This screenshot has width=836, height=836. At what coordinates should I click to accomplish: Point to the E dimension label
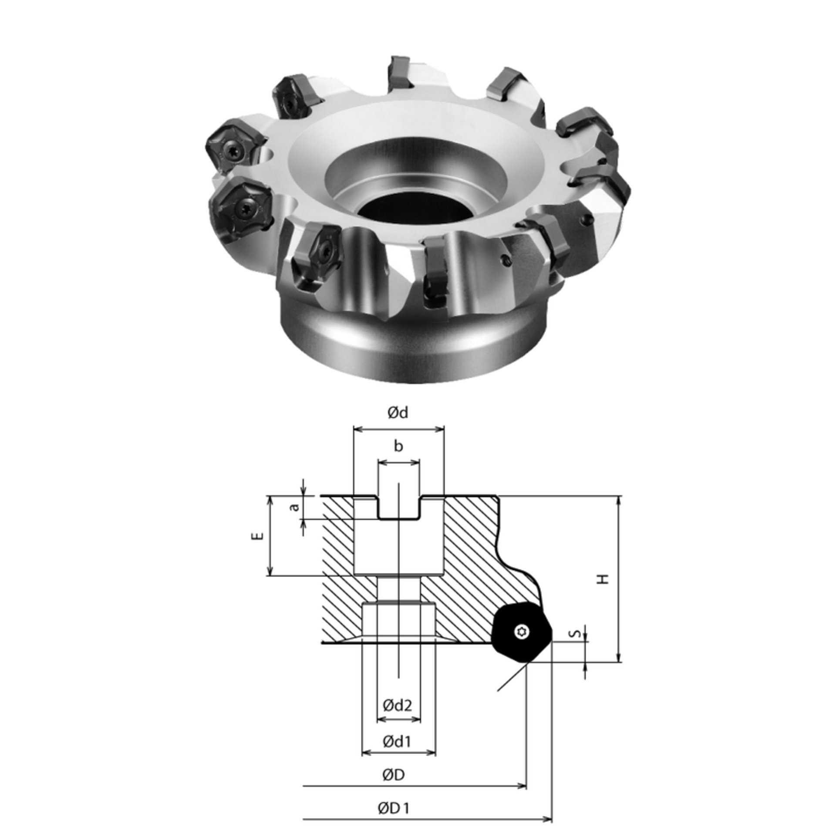point(259,536)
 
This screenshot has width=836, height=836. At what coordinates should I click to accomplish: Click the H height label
point(603,579)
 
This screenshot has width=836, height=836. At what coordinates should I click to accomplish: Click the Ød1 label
point(398,741)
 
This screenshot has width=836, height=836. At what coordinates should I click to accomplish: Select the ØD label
point(394,775)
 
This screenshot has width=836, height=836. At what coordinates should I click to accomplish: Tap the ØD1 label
point(394,809)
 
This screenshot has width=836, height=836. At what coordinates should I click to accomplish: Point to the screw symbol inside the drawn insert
point(521,632)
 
